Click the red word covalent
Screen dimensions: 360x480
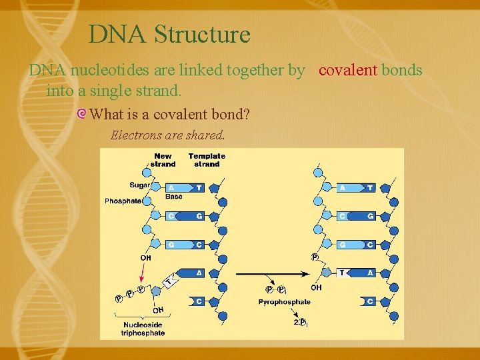348,70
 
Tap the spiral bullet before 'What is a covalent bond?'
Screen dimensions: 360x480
81,114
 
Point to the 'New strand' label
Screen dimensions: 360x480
163,160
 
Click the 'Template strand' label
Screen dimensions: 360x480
207,160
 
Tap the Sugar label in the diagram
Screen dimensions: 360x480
139,185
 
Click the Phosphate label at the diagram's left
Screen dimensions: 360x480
123,201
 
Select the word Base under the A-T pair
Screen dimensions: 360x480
173,197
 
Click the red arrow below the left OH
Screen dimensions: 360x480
142,272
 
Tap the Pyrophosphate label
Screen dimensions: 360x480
284,302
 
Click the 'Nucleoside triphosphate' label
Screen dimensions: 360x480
143,329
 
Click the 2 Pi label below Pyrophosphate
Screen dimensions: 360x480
299,322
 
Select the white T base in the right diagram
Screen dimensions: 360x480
342,273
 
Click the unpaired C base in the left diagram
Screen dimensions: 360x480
199,301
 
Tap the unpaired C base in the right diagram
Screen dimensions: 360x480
370,301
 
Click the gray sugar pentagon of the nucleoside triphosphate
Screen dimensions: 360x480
155,291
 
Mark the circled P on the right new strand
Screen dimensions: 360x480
315,257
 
